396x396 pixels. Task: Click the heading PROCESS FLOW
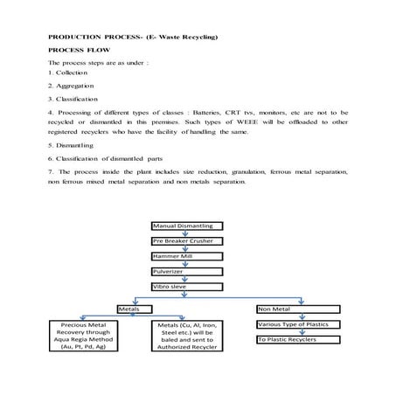click(77, 51)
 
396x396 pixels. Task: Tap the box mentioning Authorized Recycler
click(184, 335)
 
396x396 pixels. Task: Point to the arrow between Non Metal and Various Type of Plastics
click(302, 316)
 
